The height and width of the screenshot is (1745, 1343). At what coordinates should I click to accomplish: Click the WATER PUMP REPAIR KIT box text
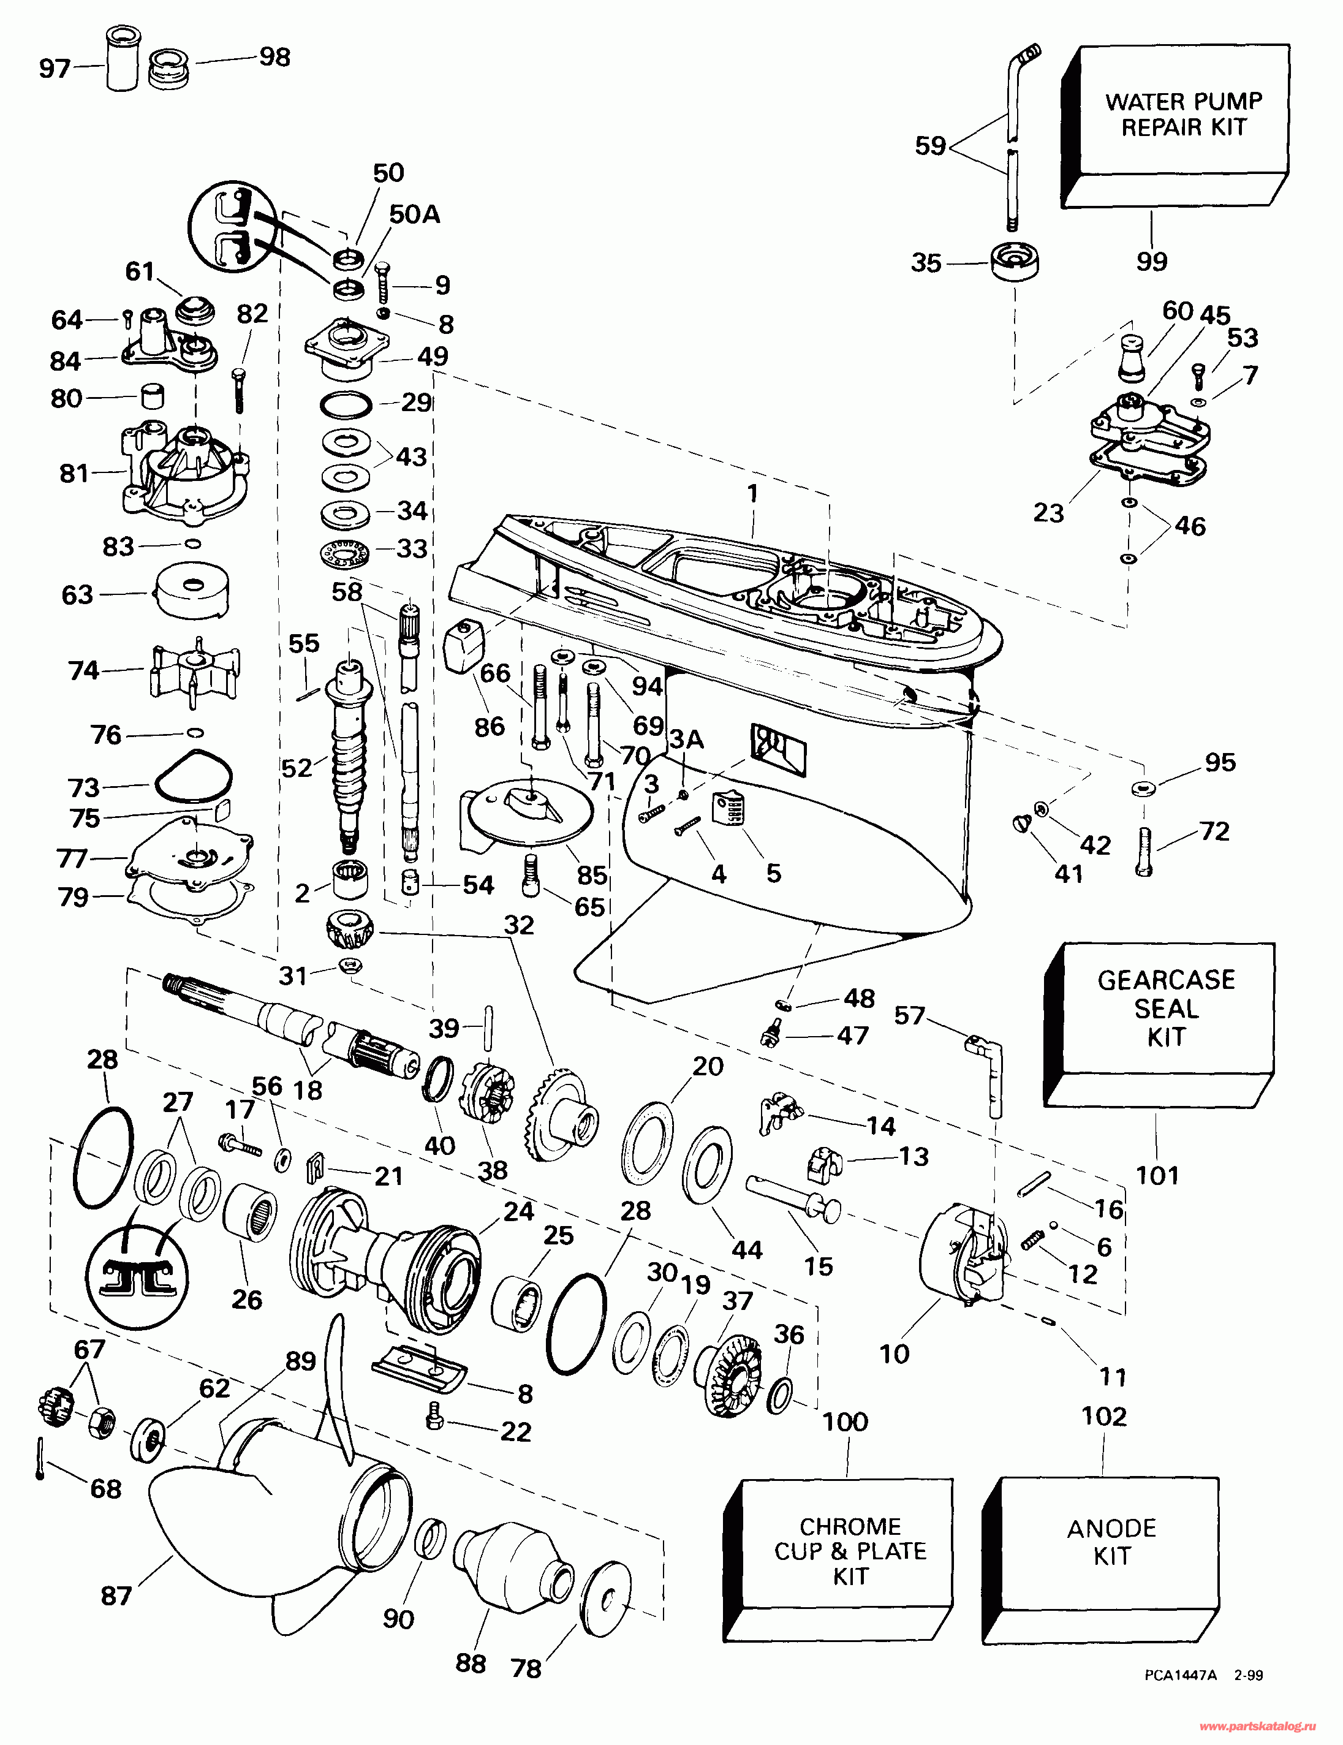pos(1183,114)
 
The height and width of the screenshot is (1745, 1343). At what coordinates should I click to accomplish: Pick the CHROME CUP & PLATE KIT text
pos(850,1551)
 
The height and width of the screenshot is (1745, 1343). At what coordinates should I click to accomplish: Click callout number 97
pos(55,69)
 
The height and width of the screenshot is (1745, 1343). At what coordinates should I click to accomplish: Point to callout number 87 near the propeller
pos(116,1595)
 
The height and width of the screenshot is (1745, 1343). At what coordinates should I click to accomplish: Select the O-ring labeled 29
pos(346,405)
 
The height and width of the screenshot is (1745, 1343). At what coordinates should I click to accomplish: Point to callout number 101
pos(1157,1175)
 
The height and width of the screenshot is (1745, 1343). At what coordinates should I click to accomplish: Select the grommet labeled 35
pos(1015,261)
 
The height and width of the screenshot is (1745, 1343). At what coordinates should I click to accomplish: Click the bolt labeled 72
pos(1143,852)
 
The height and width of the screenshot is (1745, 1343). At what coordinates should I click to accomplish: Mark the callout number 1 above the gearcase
pos(752,493)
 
